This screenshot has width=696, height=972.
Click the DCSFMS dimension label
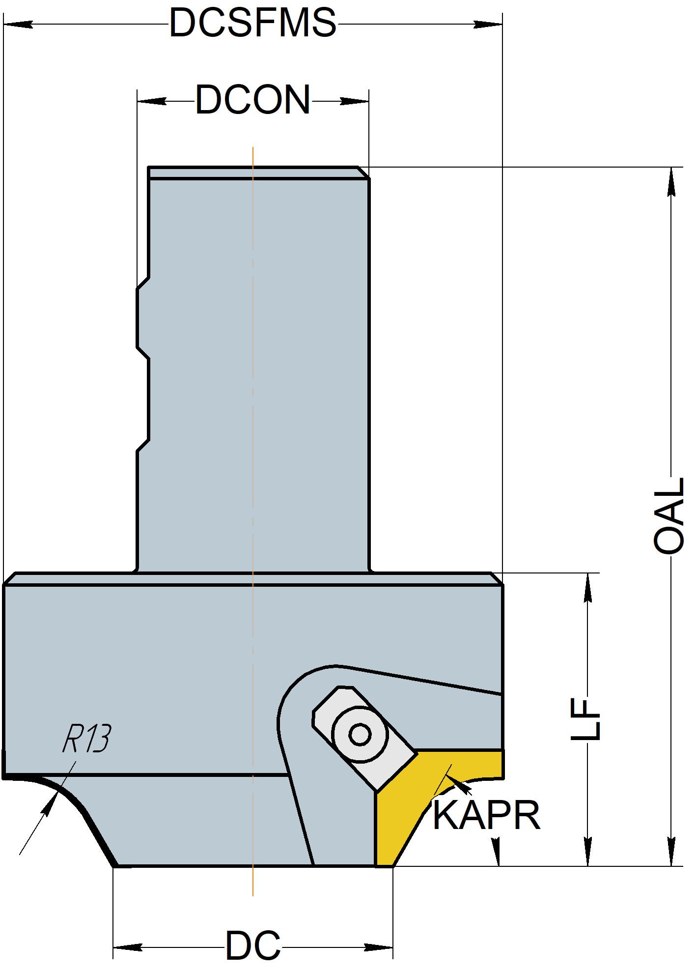click(x=253, y=23)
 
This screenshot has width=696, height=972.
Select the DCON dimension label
click(x=253, y=101)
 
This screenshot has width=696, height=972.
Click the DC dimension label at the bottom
click(x=253, y=945)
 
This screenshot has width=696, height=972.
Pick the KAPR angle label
click(x=486, y=815)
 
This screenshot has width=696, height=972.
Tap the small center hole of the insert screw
click(x=360, y=735)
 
